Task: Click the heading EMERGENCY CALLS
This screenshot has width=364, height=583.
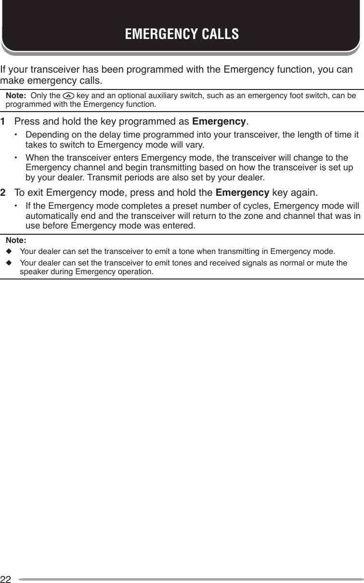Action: [182, 35]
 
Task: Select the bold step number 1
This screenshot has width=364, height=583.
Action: [3, 120]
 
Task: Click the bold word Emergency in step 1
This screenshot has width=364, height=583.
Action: [219, 120]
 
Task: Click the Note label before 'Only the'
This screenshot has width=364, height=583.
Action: [15, 96]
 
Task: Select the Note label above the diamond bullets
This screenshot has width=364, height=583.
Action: [15, 240]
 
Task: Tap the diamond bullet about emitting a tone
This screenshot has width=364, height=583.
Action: [8, 251]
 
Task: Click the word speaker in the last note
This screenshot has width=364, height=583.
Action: [32, 272]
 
